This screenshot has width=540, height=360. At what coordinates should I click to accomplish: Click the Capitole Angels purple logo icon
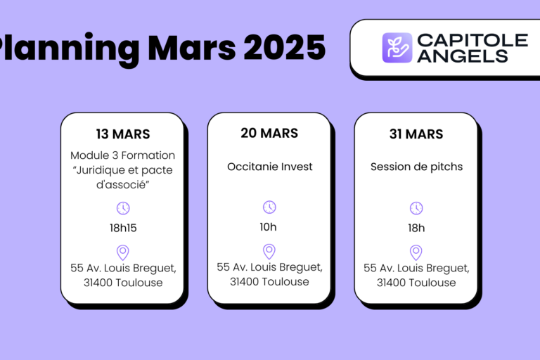point(397,48)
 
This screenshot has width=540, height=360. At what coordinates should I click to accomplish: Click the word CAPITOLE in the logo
point(472,40)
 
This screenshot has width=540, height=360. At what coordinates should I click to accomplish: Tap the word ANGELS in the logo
point(462,56)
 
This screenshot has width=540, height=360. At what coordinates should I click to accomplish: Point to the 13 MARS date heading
point(123,134)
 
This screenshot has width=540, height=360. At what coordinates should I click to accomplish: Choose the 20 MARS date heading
point(269,133)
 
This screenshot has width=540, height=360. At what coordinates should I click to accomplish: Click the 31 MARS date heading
point(416,134)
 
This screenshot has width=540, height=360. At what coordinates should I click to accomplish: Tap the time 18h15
point(123,228)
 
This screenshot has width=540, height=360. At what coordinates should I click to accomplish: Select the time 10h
point(269,226)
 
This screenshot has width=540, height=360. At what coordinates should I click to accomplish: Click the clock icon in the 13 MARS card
point(123,207)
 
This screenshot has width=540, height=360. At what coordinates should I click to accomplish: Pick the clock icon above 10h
point(269,207)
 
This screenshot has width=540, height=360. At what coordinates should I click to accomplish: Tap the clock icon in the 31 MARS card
point(416,207)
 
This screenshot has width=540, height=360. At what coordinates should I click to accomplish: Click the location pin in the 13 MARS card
point(123,252)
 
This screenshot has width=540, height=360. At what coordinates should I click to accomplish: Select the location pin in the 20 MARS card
point(269,251)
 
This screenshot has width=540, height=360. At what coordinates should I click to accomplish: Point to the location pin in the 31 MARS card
point(416,252)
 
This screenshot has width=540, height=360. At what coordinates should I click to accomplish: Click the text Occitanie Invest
point(269,167)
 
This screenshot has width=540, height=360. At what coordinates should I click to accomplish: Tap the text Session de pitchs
point(416,167)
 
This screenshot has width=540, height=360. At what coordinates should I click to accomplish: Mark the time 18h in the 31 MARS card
point(416,228)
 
